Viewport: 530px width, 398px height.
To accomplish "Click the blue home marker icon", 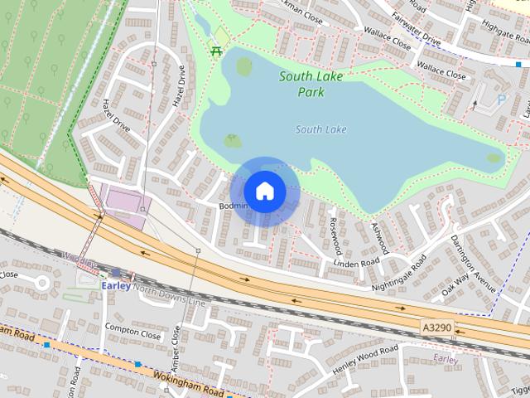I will (x=264, y=192).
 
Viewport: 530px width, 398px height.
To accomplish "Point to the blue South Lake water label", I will (x=321, y=129).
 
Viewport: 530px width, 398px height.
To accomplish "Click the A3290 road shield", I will (x=436, y=328).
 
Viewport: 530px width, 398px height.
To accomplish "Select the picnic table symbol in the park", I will (x=217, y=51).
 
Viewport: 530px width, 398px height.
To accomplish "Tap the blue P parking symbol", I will (x=499, y=100).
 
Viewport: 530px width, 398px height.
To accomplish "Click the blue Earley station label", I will (x=116, y=284).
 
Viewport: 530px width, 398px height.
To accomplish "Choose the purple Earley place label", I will (x=446, y=359).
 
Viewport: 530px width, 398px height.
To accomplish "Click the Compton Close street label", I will (x=132, y=334).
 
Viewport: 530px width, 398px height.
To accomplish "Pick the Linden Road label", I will (x=356, y=262).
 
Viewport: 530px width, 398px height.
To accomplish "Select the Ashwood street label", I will (x=379, y=238).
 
